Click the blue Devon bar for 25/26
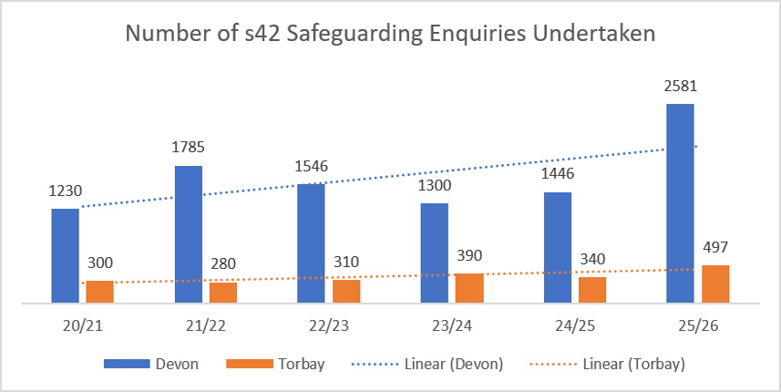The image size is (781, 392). point(680,203)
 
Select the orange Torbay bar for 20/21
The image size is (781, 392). point(99,292)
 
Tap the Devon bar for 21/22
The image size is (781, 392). point(189,234)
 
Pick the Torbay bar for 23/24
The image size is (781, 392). point(469,288)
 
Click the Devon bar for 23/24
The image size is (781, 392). point(435,253)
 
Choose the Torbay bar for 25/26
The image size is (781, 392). point(715,284)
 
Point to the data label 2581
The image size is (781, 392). point(681,86)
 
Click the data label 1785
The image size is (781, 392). point(188,148)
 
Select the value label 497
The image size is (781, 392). point(715,247)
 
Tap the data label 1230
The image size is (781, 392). point(66,191)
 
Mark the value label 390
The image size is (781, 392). point(469,255)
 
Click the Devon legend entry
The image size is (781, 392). point(151,364)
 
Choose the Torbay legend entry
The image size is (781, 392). point(275,364)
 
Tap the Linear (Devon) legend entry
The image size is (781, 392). point(427,364)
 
